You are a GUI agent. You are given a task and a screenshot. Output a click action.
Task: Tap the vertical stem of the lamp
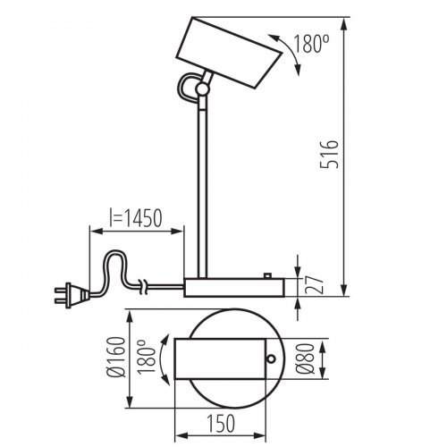206,179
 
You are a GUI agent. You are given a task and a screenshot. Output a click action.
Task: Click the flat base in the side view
232,287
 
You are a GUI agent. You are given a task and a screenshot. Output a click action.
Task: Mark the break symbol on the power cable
143,286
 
